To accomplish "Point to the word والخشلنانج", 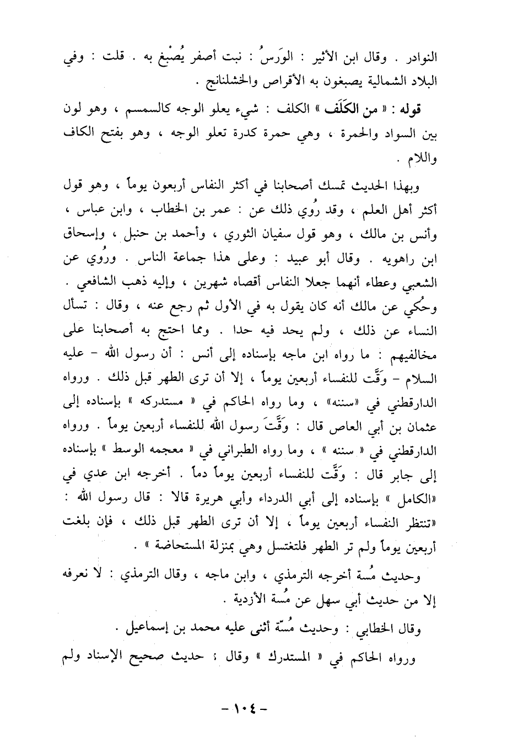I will (228, 83).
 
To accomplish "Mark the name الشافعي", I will (93, 287).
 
